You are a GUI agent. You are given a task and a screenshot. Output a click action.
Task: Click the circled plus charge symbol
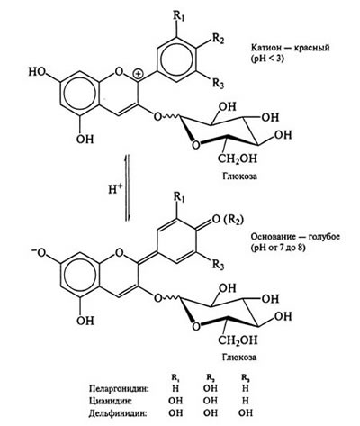tap(138, 73)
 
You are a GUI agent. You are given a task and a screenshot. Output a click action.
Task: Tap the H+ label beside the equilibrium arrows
tap(114, 189)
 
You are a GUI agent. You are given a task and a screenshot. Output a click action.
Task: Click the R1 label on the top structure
tap(178, 16)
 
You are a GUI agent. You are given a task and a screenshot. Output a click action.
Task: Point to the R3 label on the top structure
tap(218, 83)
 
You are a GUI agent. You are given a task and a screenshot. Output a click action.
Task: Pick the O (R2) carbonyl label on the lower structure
tap(227, 220)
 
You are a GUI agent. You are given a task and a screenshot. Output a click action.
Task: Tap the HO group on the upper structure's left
tap(38, 71)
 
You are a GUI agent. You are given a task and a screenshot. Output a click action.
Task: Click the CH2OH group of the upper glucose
tap(238, 159)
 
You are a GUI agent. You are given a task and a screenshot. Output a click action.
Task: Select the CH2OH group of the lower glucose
tap(238, 340)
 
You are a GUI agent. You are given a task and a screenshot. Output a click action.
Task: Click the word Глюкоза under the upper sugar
tap(239, 176)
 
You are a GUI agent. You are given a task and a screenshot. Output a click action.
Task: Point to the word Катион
tap(264, 48)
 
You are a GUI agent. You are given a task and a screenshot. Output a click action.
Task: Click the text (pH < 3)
tap(266, 59)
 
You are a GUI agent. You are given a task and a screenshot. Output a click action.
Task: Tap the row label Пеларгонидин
tap(119, 389)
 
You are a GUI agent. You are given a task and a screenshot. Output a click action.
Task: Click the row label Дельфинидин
tap(118, 413)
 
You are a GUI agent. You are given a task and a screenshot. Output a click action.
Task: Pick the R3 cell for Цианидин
tap(245, 401)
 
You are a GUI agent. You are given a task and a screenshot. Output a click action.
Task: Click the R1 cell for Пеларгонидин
tap(175, 388)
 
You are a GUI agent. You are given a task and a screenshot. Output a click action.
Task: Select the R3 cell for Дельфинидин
tap(246, 413)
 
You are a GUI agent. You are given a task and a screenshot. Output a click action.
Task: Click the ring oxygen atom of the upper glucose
tap(195, 145)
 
